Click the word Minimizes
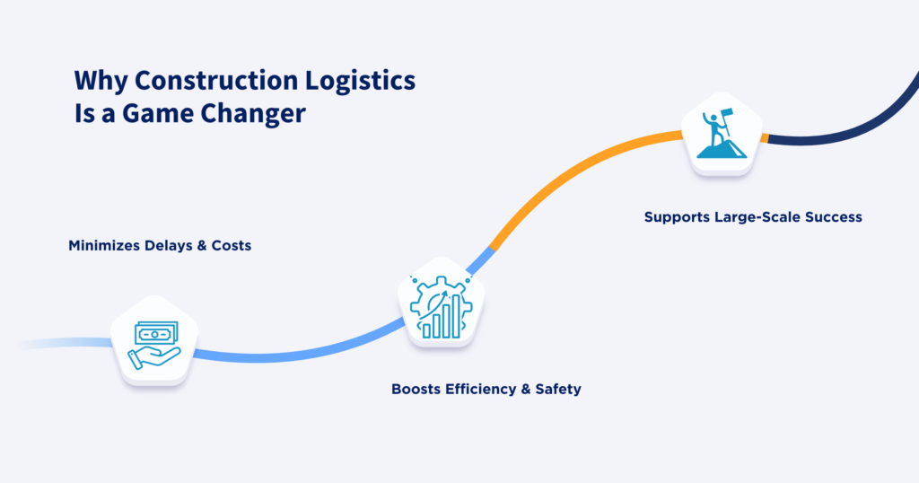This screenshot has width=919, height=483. [104, 244]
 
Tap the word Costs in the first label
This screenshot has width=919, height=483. [229, 244]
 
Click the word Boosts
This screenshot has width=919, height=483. [417, 390]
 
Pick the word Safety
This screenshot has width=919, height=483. [557, 390]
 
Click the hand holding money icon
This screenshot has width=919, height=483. [153, 345]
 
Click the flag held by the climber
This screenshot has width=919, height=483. [728, 117]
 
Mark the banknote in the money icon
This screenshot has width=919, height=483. [155, 333]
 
